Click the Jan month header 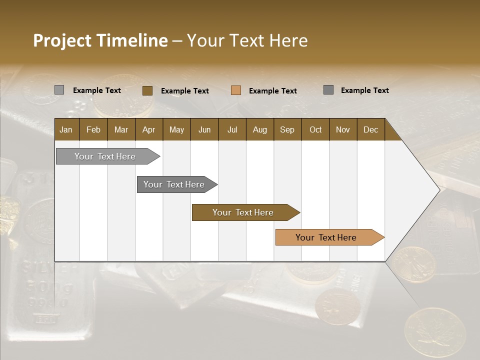coord(66,129)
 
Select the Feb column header coord(93,129)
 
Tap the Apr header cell coord(148,129)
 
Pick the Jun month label coord(204,129)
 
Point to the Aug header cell coord(259,129)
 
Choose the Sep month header coord(287,129)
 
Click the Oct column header coord(315,129)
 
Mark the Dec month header coord(370,129)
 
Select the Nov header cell coord(343,129)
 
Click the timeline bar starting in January coord(105,156)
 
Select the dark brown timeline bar coord(243,212)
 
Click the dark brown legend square coord(147,90)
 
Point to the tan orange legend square coord(236,90)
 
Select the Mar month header coord(121,129)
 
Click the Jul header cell coord(232,129)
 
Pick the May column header coord(176,129)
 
